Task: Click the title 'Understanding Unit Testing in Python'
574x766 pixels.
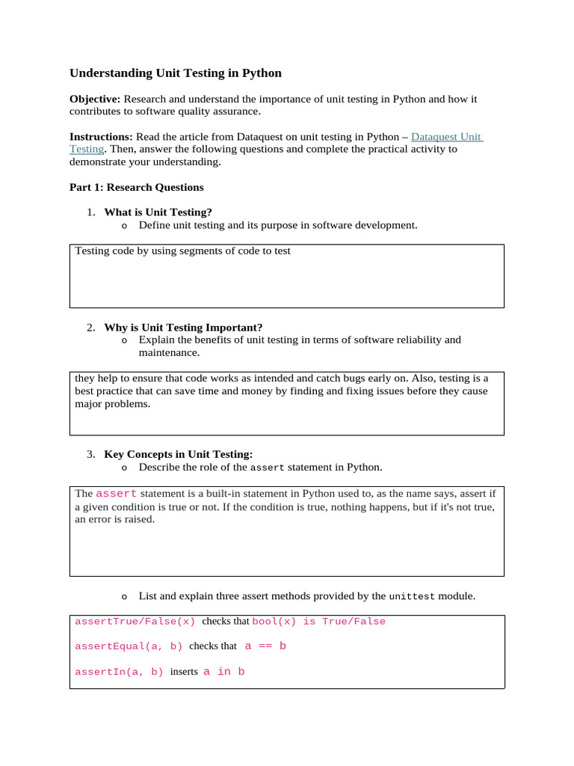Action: (x=176, y=73)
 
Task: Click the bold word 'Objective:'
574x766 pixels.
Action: (x=95, y=99)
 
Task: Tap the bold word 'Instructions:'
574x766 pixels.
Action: (x=101, y=137)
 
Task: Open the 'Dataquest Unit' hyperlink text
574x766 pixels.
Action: (x=446, y=137)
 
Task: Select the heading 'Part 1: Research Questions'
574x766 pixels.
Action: (x=136, y=187)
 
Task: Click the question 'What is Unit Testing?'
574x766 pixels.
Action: (x=158, y=212)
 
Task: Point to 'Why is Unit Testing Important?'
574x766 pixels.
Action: (x=183, y=327)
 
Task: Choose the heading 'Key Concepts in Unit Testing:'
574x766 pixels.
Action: (x=179, y=454)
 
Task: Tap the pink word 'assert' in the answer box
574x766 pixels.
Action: (x=117, y=494)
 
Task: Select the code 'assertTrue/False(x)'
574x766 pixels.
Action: (x=135, y=622)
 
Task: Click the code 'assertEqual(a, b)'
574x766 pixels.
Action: (x=129, y=646)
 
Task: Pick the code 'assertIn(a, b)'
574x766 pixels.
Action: (x=119, y=672)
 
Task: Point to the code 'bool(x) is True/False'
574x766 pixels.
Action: (x=319, y=622)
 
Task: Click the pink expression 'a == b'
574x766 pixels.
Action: (x=265, y=646)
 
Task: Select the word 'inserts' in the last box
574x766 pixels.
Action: (x=184, y=672)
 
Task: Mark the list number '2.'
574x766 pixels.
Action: (x=90, y=327)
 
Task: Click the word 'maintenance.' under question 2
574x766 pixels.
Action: (x=169, y=352)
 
